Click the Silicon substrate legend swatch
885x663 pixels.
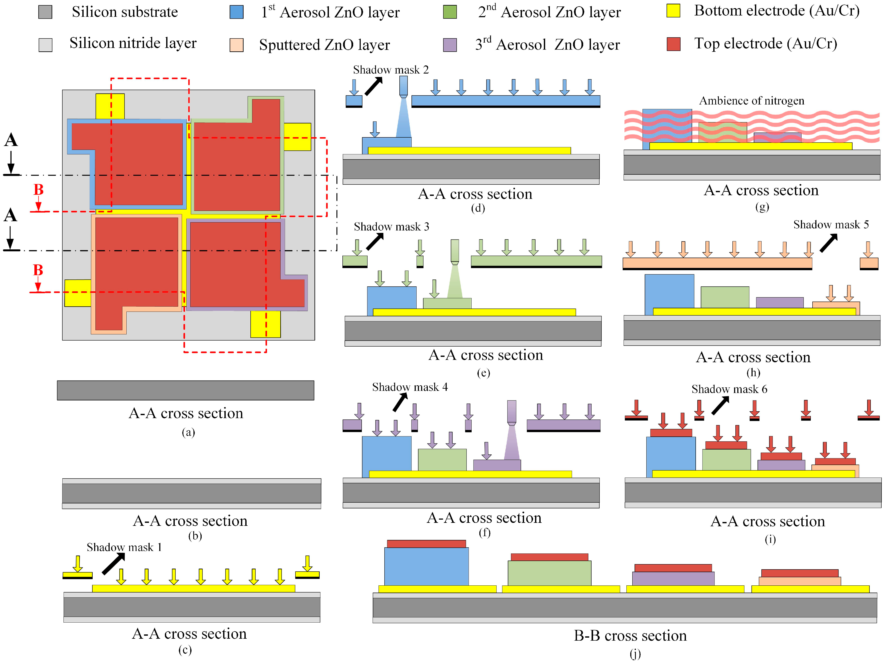pyautogui.click(x=45, y=12)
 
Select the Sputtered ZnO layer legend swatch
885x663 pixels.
pyautogui.click(x=236, y=45)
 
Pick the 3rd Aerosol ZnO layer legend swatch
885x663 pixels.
pyautogui.click(x=450, y=45)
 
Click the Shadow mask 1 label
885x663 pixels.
pyautogui.click(x=124, y=547)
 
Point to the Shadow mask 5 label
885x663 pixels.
pyautogui.click(x=831, y=224)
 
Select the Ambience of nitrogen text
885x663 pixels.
pyautogui.click(x=751, y=100)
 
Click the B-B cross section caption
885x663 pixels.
pyautogui.click(x=630, y=635)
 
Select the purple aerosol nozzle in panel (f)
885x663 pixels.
pyautogui.click(x=511, y=412)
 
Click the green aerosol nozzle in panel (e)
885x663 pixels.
pyautogui.click(x=454, y=251)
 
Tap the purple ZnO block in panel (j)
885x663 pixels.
pyautogui.click(x=673, y=579)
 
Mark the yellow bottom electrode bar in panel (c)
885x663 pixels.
pyautogui.click(x=194, y=588)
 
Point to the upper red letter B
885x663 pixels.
pyautogui.click(x=38, y=190)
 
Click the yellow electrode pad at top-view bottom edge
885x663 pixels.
pyautogui.click(x=265, y=324)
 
